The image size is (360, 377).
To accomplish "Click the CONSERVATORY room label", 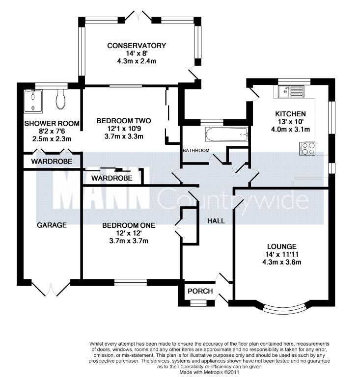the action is point(137,46).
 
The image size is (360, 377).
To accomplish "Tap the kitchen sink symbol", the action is point(291,91).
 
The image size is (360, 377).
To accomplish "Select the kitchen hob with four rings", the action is point(307,149).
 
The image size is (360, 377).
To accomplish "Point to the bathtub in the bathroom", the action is point(227,135).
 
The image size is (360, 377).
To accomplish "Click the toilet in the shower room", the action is point(60,100).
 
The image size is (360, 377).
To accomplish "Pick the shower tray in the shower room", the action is point(33,101).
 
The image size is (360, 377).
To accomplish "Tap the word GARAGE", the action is point(52,225).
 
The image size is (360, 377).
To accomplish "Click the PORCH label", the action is point(200,291).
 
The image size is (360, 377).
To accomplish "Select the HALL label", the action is point(216,221).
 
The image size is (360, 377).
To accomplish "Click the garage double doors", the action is point(51,288).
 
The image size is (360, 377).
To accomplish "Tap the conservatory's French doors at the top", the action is point(138,16).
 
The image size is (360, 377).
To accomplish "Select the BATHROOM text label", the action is point(196,151).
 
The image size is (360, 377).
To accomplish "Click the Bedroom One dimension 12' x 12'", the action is point(129,233).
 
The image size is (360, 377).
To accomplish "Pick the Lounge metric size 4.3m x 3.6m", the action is point(281,262).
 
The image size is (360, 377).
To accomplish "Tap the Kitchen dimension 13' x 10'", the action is point(290,121).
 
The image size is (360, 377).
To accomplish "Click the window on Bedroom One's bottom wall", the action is point(131,282).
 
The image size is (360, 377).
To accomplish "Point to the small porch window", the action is point(198,303).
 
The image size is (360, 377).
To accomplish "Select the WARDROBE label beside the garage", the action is point(52,162).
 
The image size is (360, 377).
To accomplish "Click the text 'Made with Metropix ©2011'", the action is point(210,372).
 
